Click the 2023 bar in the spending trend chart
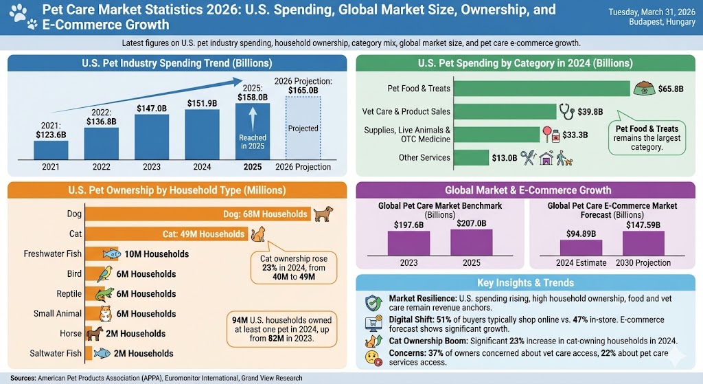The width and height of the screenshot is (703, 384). point(152,137)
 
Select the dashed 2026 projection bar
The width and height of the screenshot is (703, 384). point(303,128)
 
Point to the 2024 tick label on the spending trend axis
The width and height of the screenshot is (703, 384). point(203,167)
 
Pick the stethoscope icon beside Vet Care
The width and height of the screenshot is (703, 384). point(566,111)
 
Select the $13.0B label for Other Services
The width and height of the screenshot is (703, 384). point(504,158)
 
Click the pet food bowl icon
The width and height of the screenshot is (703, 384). point(643,89)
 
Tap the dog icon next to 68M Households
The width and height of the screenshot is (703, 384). point(323,214)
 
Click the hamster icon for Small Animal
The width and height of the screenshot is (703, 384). point(104,314)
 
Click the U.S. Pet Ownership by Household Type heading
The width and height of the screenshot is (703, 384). point(176,190)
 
